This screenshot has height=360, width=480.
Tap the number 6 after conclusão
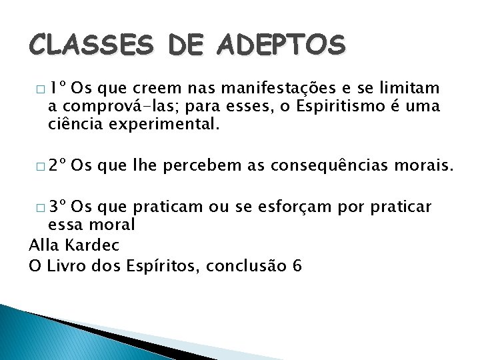click(x=297, y=266)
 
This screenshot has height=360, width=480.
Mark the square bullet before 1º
click(x=41, y=89)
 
